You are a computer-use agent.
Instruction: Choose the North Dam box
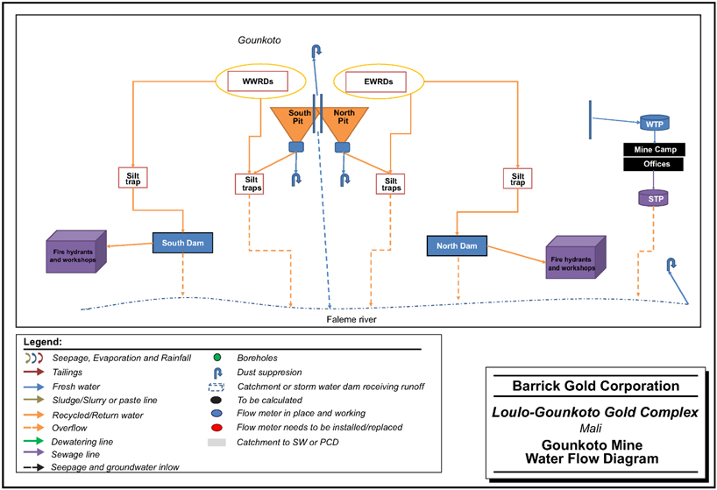click(456, 246)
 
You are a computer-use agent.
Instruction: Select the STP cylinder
click(653, 199)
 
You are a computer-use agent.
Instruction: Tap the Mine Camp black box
click(654, 149)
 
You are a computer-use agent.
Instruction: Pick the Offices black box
click(654, 165)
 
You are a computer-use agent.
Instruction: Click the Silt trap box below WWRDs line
click(133, 176)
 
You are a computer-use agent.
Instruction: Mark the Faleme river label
click(349, 319)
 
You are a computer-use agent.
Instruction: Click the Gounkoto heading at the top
click(259, 41)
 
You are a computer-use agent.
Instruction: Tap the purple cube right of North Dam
click(574, 259)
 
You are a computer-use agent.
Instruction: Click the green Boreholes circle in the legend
click(215, 357)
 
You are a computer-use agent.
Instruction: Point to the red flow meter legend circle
click(215, 429)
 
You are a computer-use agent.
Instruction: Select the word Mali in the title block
click(595, 429)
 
